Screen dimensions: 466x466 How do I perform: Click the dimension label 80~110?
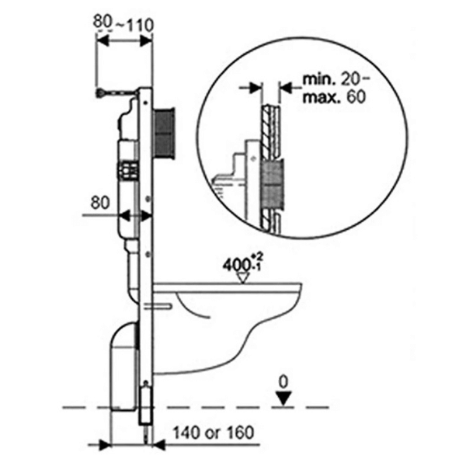pyautogui.click(x=123, y=23)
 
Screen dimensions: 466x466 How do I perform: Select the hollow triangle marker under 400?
pyautogui.click(x=243, y=275)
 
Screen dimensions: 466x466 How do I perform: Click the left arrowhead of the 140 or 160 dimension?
pyautogui.click(x=110, y=443)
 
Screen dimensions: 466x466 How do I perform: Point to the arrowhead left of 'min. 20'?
pyautogui.click(x=254, y=89)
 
